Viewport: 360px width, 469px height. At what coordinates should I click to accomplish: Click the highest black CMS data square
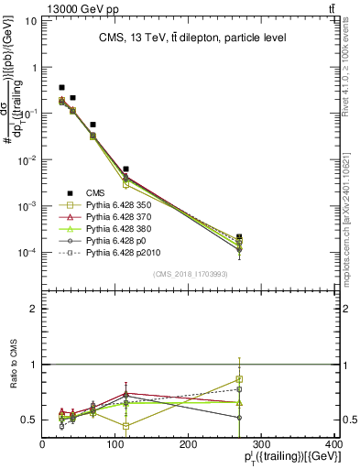coord(61,88)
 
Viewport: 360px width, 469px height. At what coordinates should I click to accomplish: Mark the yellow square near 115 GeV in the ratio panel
coord(125,426)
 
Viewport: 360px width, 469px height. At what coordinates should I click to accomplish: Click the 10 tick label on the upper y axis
coord(29,20)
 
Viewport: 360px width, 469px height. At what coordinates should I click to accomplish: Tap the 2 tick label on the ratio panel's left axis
coord(32,309)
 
